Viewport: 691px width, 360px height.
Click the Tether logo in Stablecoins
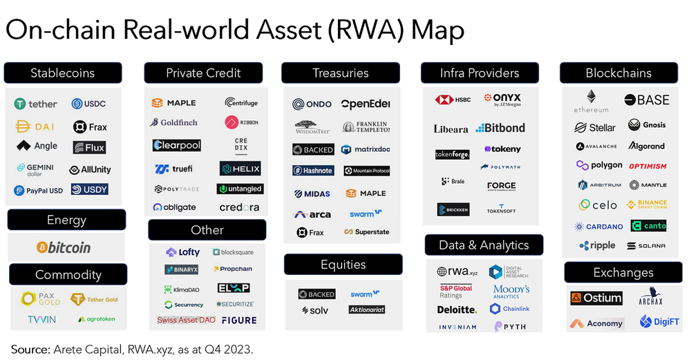pos(36,104)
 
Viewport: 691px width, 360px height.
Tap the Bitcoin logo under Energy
pos(64,247)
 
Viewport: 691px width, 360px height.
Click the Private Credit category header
pos(203,73)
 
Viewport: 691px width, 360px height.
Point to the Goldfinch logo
pos(174,123)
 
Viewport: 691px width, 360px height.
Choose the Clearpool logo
pos(176,146)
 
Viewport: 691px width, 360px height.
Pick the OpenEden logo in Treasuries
pos(365,104)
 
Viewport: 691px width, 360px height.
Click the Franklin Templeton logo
pos(366,127)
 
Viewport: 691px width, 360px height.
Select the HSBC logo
pos(453,100)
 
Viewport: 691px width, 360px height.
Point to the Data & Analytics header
pos(484,245)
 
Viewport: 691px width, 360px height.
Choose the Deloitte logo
pos(457,310)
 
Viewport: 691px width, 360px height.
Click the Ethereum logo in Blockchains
pos(591,101)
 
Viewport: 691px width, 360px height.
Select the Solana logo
pos(647,246)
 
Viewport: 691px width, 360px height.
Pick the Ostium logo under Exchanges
pos(596,299)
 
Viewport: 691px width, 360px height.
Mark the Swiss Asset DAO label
pos(185,320)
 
